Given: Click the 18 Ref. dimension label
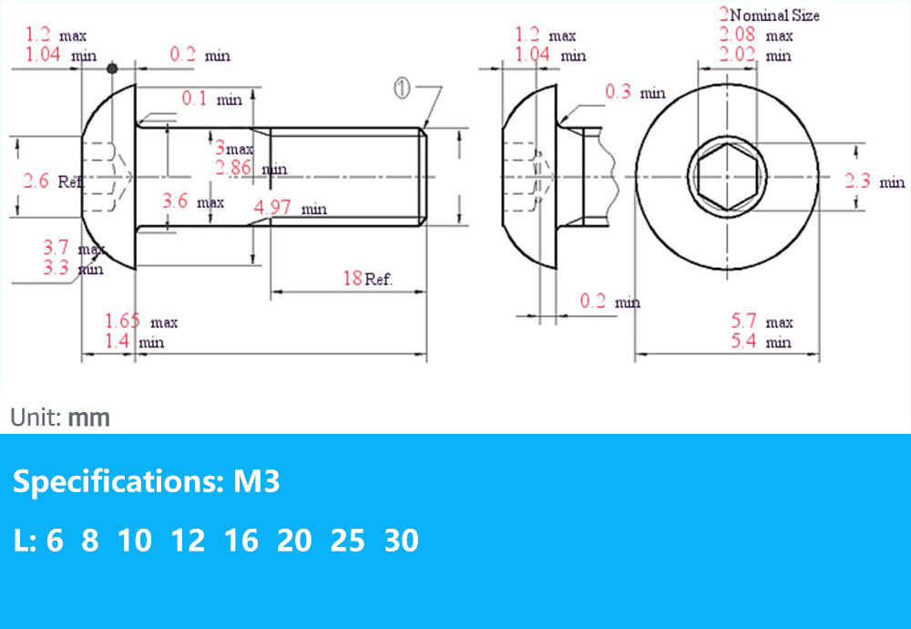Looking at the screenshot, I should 367,279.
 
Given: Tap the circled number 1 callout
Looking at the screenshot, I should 403,88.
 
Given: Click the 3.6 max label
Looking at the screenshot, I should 192,201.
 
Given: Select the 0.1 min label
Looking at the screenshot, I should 211,98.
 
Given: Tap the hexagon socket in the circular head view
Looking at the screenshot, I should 726,176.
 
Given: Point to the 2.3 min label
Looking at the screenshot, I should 874,181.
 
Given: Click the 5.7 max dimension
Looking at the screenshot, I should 762,321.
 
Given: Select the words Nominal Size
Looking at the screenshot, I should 774,15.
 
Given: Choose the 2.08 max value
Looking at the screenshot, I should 755,36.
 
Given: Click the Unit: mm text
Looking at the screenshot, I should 60,418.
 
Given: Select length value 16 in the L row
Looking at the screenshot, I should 241,541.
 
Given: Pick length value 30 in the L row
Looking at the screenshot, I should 401,541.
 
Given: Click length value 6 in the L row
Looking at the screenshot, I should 55,541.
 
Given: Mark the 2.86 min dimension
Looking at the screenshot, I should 249,168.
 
